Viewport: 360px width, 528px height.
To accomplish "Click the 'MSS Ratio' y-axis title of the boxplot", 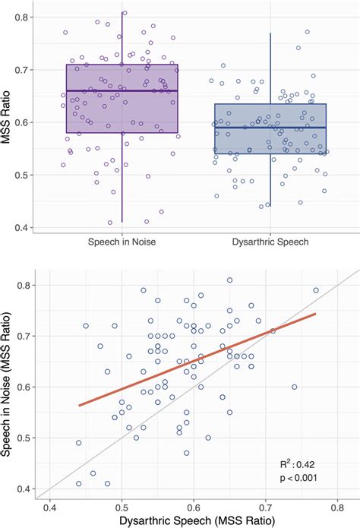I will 8,122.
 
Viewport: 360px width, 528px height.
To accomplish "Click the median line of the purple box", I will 122,90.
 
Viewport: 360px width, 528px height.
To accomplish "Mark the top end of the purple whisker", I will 122,12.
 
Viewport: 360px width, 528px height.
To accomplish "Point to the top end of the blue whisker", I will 270,33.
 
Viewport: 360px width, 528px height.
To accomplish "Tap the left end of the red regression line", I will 79,406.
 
